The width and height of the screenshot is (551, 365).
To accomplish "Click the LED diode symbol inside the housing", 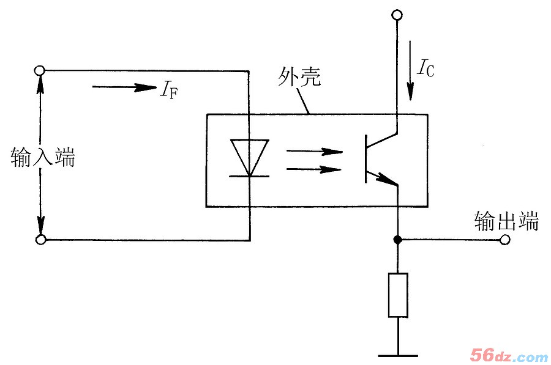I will tap(249, 158).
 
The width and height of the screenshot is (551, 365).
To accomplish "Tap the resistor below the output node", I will tap(398, 295).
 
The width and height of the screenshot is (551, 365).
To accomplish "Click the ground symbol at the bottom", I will tap(398, 354).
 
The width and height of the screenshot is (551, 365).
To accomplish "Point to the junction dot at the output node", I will tap(398, 240).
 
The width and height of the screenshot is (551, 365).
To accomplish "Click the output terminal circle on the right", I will tap(504, 240).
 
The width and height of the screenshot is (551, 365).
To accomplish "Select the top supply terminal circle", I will tap(397, 13).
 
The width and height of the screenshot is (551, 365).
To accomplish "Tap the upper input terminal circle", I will tap(41, 70).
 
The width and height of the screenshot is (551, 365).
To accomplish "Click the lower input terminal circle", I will tap(41, 239).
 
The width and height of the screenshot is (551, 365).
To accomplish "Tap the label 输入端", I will tap(43, 158).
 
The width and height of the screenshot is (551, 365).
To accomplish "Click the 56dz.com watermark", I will tap(509, 355).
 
